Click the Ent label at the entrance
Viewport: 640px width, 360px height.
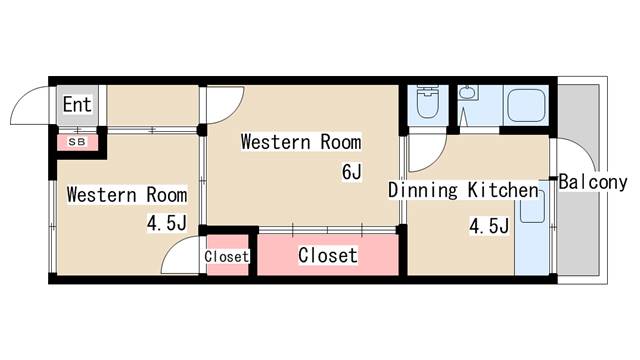coord(77,104)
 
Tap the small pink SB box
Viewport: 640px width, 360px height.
coord(77,142)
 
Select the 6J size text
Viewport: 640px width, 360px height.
coord(352,171)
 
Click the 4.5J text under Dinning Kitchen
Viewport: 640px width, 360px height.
coord(489,226)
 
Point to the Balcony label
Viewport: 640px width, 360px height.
coord(593,182)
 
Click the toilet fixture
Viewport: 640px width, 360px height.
coord(427,102)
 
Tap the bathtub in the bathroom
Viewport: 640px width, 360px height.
coord(526,105)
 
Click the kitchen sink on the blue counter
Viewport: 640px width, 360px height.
coord(533,206)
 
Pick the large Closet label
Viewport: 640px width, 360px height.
coord(328,256)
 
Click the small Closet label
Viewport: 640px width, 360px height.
coord(227,257)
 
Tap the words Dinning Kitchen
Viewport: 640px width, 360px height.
coord(463,190)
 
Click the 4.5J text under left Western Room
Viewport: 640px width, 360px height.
coord(167,223)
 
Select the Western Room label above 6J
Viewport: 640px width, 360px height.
coord(301,142)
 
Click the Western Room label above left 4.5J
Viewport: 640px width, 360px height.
coord(127,195)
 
